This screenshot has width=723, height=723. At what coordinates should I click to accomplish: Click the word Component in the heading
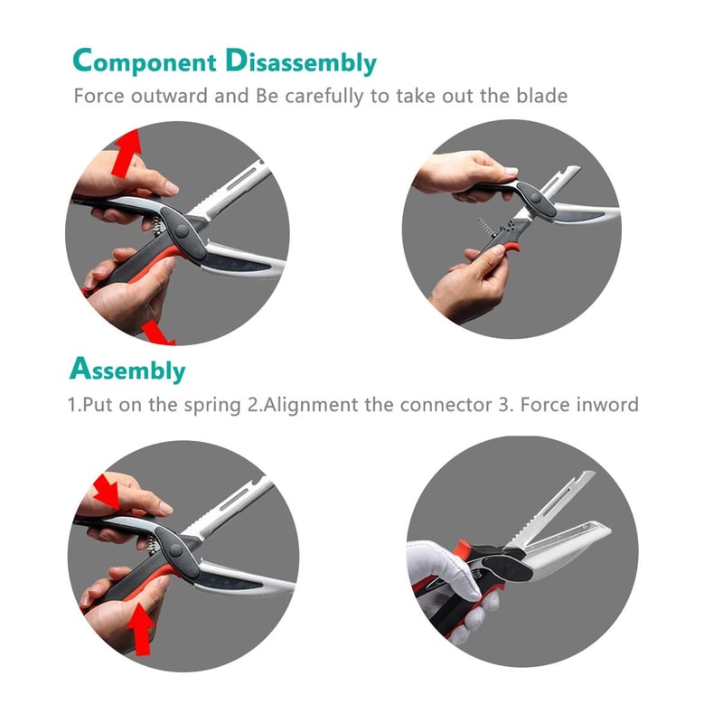point(146,62)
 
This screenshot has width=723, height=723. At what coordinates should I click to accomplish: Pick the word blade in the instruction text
point(541,96)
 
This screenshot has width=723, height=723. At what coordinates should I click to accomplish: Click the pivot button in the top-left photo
point(184,231)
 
